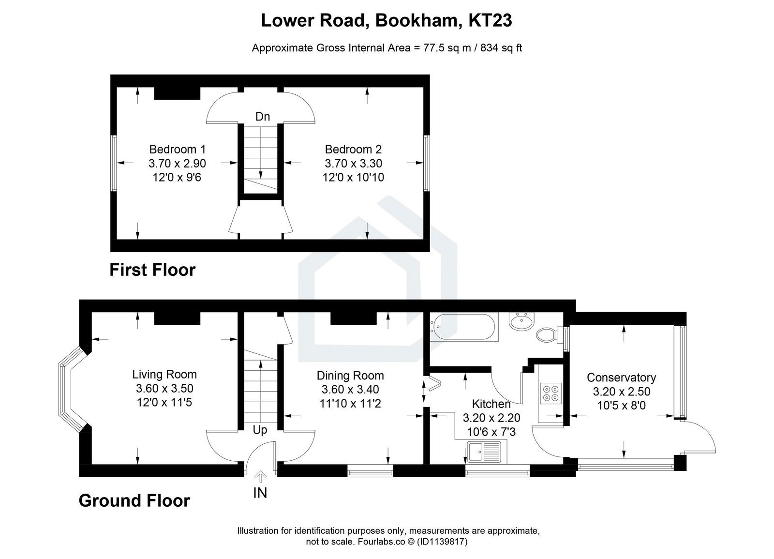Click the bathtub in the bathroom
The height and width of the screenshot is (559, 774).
(x=463, y=328)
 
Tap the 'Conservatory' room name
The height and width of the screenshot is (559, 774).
(x=621, y=378)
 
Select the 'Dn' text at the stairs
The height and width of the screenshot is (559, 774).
(x=262, y=117)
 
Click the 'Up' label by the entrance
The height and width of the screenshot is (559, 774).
(x=260, y=430)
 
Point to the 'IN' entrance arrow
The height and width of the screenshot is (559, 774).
(x=260, y=478)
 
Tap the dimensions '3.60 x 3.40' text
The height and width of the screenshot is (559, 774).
(x=350, y=389)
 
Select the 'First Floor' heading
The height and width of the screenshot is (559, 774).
(x=152, y=270)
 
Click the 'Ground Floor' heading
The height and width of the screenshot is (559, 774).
(x=134, y=500)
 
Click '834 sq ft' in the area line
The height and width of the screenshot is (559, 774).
(x=501, y=48)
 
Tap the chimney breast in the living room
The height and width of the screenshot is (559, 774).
(x=177, y=318)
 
